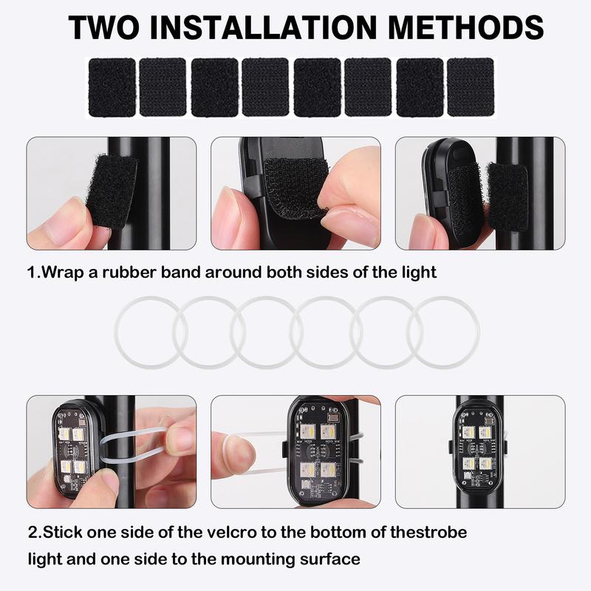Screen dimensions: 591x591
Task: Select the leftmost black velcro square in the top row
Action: (112, 87)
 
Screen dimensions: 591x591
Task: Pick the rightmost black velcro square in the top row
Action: (471, 87)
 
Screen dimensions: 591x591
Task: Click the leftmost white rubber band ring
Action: (148, 332)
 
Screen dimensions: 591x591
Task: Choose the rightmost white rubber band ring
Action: (443, 332)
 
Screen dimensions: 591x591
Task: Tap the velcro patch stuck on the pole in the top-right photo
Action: (507, 195)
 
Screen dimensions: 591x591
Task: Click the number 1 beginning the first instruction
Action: (32, 272)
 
